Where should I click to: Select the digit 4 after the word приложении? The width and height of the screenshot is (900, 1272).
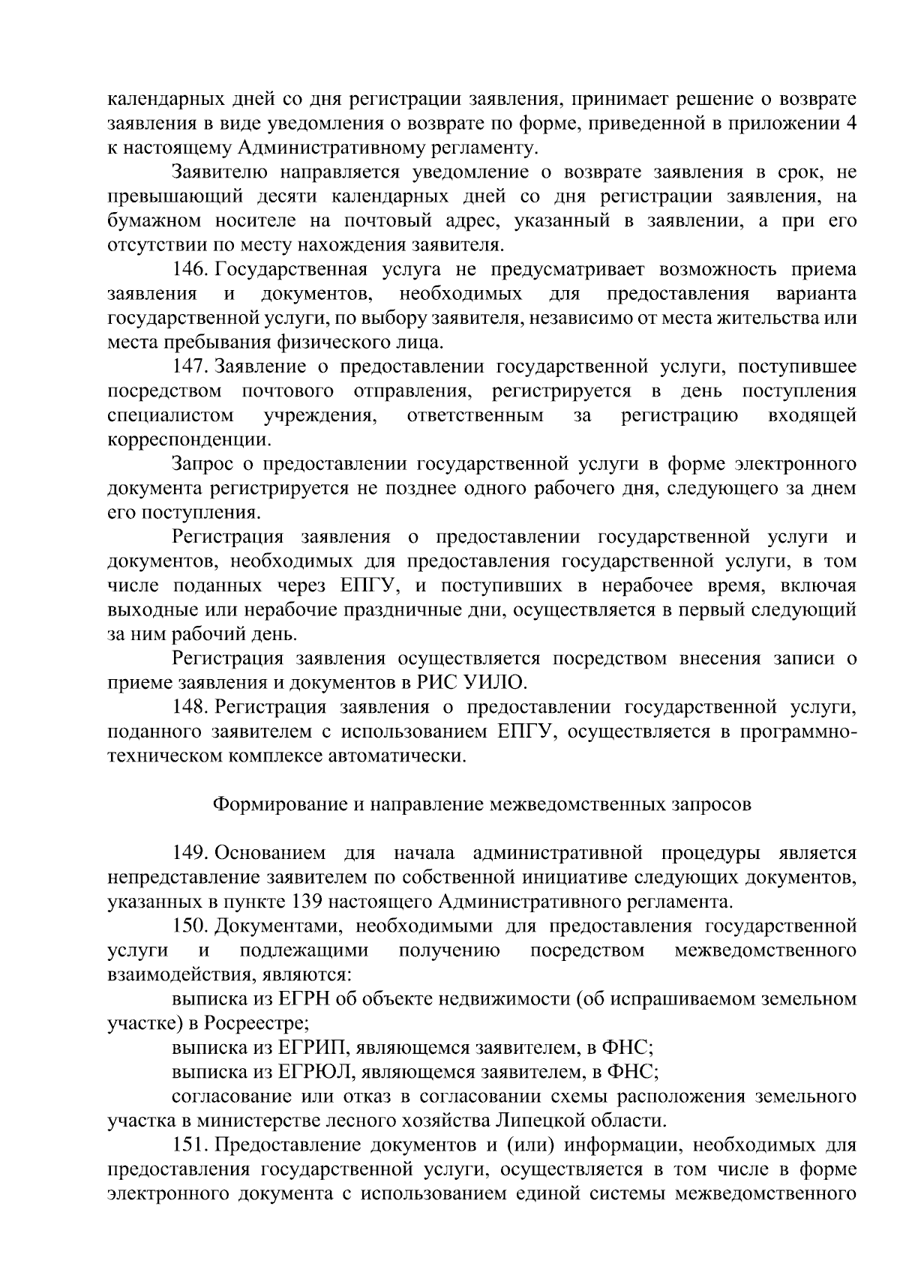coord(851,124)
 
